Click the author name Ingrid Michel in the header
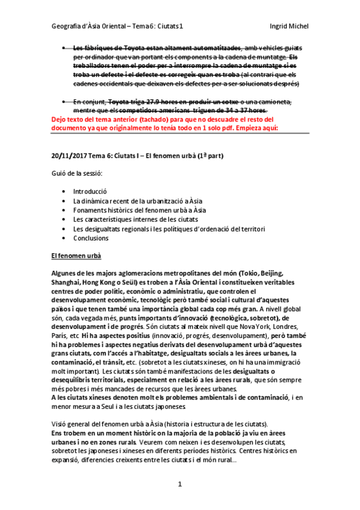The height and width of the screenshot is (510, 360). (290, 26)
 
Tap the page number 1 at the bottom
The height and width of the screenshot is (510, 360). (180, 484)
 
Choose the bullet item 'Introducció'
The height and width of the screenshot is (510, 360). (90, 191)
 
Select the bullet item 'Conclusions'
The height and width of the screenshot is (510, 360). (91, 238)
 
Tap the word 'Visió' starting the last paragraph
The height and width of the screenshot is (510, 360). (61, 424)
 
